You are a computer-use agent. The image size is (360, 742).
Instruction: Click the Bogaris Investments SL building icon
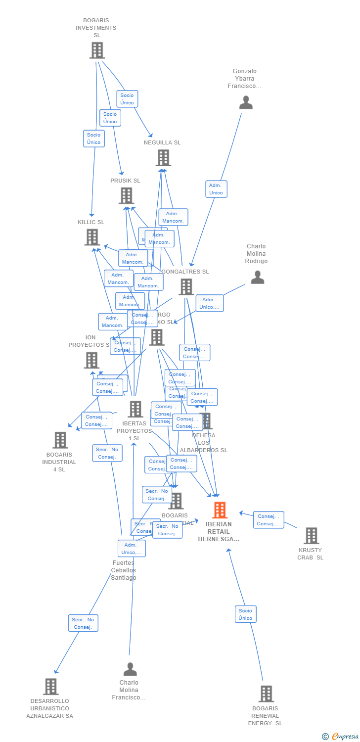97,50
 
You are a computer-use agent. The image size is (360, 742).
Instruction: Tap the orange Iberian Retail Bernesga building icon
220,510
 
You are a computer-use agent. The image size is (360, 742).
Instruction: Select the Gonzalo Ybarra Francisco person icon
246,102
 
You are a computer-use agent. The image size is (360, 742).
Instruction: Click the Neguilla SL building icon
163,158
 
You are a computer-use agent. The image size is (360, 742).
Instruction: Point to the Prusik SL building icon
126,196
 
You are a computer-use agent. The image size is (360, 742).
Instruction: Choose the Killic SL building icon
92,237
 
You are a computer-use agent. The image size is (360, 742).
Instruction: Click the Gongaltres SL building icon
186,287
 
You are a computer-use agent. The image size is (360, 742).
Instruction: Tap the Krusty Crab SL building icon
311,536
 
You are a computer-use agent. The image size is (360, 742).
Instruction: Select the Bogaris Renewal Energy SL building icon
266,694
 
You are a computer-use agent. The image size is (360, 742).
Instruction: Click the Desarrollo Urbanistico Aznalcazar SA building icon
50,687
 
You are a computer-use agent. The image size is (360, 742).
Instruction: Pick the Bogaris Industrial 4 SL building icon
60,440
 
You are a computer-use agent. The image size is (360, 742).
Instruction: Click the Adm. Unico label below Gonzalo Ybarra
216,189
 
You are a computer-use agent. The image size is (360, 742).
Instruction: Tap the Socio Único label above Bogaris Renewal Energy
245,614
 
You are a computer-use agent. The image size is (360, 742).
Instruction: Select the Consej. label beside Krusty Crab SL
269,520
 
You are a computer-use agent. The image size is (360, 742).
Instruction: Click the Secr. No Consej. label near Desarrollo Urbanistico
83,623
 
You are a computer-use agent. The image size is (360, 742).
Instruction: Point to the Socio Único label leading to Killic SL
93,139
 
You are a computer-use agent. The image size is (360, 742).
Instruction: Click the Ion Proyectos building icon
91,360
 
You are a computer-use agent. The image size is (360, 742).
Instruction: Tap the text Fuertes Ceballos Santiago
123,570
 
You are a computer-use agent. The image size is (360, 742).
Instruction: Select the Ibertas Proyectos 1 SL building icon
135,410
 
